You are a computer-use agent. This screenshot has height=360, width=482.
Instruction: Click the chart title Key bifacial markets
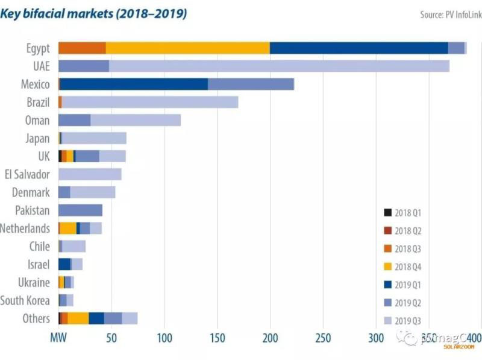tap(93, 14)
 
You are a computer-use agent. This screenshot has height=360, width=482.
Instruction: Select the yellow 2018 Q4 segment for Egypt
tap(187, 48)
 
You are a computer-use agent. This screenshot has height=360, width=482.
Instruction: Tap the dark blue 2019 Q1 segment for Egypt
tap(358, 48)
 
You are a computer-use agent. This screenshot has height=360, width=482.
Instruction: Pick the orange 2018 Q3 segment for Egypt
tap(82, 48)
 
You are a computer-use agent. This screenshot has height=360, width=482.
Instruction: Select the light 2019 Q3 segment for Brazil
tap(150, 103)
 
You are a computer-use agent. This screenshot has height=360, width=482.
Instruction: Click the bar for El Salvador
tap(90, 174)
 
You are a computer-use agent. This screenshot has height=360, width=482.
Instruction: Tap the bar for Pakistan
tap(80, 210)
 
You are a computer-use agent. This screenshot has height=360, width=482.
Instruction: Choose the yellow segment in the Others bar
tap(78, 318)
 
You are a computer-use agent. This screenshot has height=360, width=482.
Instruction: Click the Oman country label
tap(37, 121)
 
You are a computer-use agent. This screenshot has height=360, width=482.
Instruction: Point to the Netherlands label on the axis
tap(25, 229)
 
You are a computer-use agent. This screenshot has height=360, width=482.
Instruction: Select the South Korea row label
tap(25, 300)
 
